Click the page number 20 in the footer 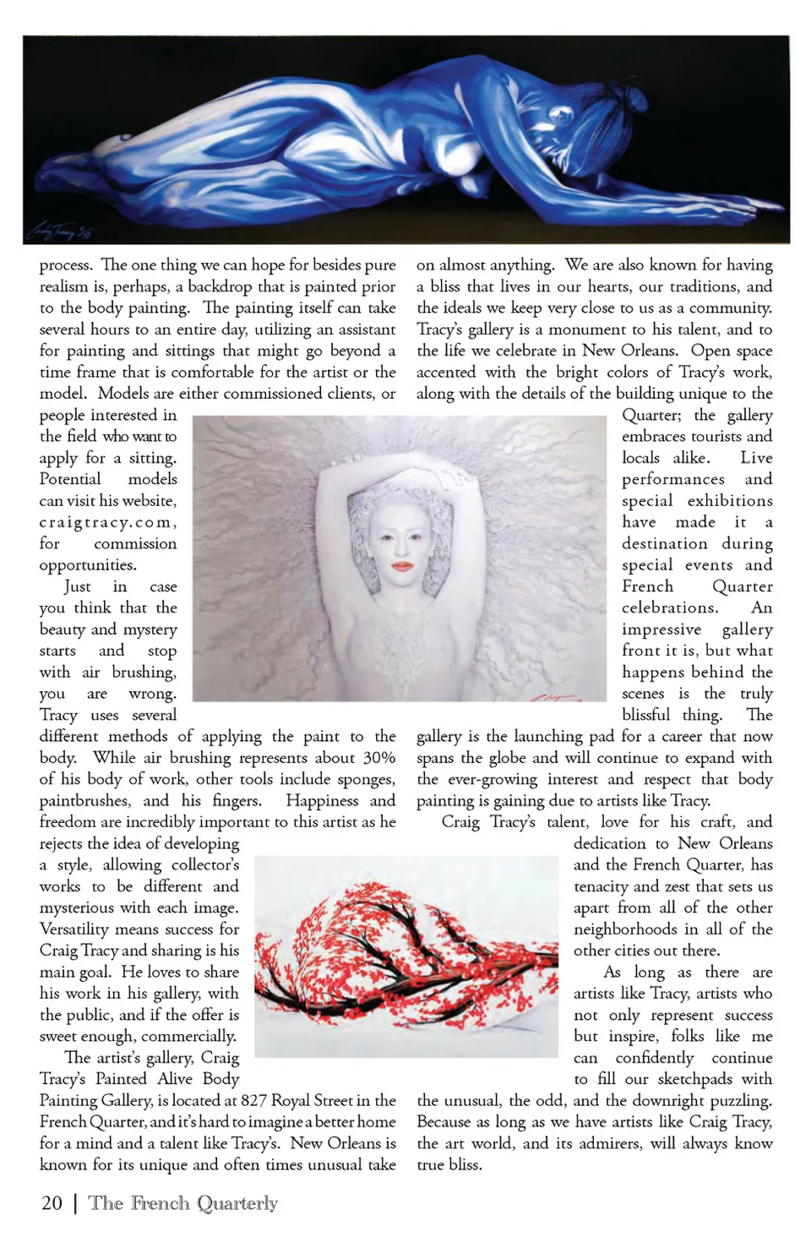coord(52,1203)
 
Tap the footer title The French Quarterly coord(183,1203)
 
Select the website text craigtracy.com coord(106,522)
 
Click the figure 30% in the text coord(378,758)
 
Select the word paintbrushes coord(84,800)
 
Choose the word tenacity coord(600,886)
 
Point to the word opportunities coord(88,564)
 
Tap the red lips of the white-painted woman coord(402,565)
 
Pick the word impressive coord(661,629)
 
